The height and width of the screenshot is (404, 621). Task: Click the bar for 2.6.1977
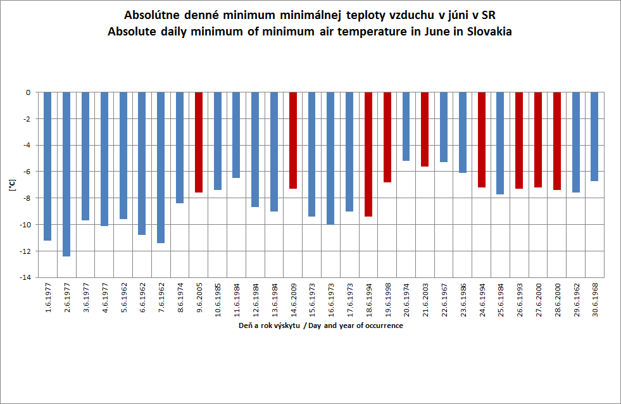(66, 174)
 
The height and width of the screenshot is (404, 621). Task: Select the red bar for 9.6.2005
(199, 142)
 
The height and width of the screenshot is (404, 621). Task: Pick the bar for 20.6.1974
(406, 126)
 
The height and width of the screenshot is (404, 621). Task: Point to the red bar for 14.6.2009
(293, 140)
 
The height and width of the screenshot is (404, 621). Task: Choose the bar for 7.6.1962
(161, 167)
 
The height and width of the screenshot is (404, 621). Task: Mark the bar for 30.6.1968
(594, 136)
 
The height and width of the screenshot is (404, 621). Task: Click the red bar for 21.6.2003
(425, 129)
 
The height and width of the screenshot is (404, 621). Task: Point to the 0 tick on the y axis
(28, 92)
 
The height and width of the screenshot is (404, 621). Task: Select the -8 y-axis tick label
(27, 198)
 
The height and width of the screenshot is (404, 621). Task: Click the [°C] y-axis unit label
(11, 185)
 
